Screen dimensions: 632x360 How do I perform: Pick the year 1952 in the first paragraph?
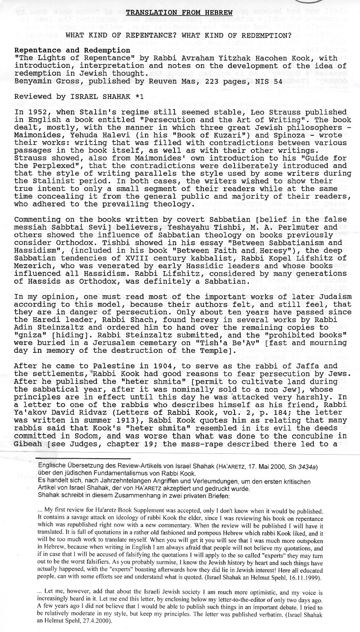(34, 112)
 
